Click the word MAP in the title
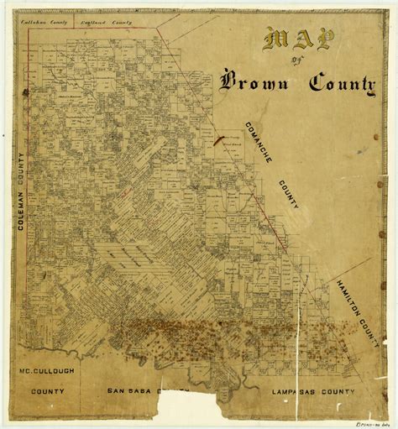coord(297,39)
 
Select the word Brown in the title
coord(257,81)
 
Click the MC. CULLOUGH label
coord(49,370)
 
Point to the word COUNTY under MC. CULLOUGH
coord(49,390)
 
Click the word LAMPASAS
coord(290,390)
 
